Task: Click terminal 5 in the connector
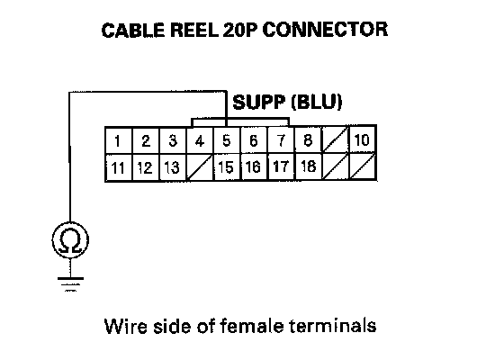click(x=226, y=140)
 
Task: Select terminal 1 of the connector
click(x=119, y=140)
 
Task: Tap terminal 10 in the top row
click(x=362, y=139)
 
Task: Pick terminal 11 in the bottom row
click(x=119, y=167)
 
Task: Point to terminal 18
click(x=308, y=166)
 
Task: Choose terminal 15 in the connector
click(x=226, y=167)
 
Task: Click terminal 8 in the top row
click(x=308, y=139)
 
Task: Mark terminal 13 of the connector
click(x=173, y=167)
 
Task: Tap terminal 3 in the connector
click(x=173, y=140)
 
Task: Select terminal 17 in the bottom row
click(x=281, y=166)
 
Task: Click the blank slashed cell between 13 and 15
click(x=199, y=167)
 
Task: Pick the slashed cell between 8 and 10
click(x=335, y=139)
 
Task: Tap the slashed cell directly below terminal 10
click(x=362, y=166)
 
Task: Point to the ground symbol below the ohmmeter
click(x=70, y=284)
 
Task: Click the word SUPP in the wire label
click(x=259, y=103)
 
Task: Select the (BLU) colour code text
click(x=316, y=102)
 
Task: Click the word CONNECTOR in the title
click(x=325, y=30)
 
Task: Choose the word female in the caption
click(x=252, y=326)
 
